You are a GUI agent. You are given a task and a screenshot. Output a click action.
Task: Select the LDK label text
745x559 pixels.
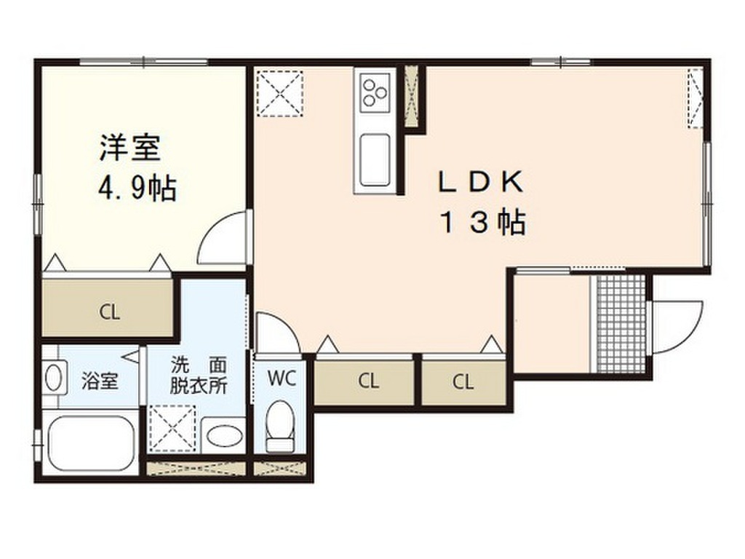(x=480, y=182)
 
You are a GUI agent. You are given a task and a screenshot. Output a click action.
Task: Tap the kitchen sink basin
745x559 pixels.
(x=375, y=159)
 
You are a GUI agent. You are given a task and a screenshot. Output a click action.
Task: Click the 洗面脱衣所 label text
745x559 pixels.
(x=198, y=373)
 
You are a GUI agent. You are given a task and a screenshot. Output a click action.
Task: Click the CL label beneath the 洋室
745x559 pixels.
(x=109, y=314)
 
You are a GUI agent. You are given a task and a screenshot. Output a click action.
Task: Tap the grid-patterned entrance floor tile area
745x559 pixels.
(x=620, y=323)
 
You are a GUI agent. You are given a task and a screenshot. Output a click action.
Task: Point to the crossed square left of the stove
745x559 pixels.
(x=281, y=92)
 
